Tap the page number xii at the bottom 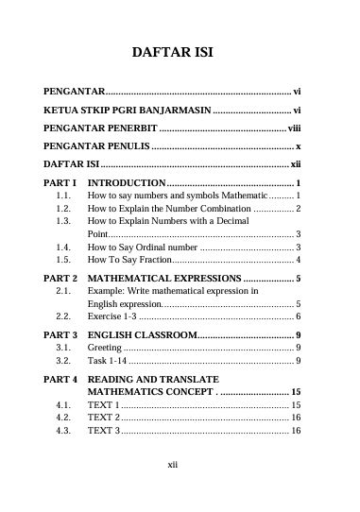click(x=172, y=491)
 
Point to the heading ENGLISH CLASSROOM click(x=142, y=336)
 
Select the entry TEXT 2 click(x=103, y=443)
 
